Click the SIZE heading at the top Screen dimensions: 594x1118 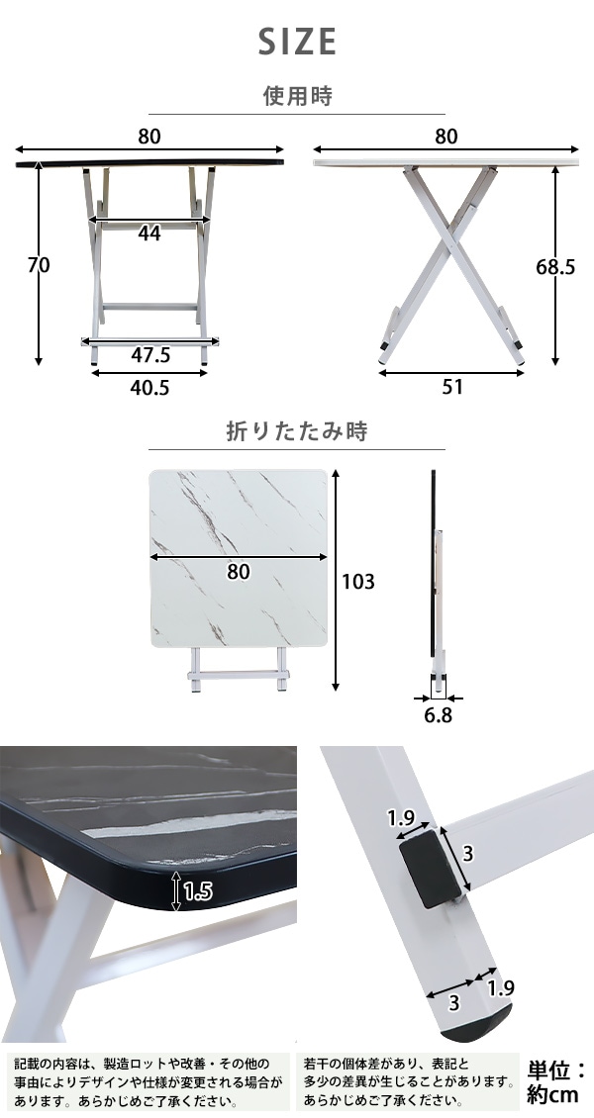click(x=297, y=43)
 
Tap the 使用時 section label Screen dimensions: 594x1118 click(x=297, y=95)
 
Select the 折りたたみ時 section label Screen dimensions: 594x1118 click(x=297, y=431)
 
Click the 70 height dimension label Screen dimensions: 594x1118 click(x=38, y=264)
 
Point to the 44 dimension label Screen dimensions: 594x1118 click(x=149, y=233)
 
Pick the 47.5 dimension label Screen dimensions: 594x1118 click(x=149, y=354)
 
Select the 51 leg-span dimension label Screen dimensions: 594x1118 click(x=452, y=387)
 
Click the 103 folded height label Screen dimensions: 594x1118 click(x=358, y=582)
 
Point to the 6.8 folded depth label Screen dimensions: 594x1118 click(x=438, y=715)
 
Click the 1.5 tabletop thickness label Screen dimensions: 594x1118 click(x=198, y=891)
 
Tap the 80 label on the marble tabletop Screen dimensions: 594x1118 click(x=240, y=572)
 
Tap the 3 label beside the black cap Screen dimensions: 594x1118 click(x=468, y=854)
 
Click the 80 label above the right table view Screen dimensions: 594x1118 click(x=445, y=137)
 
